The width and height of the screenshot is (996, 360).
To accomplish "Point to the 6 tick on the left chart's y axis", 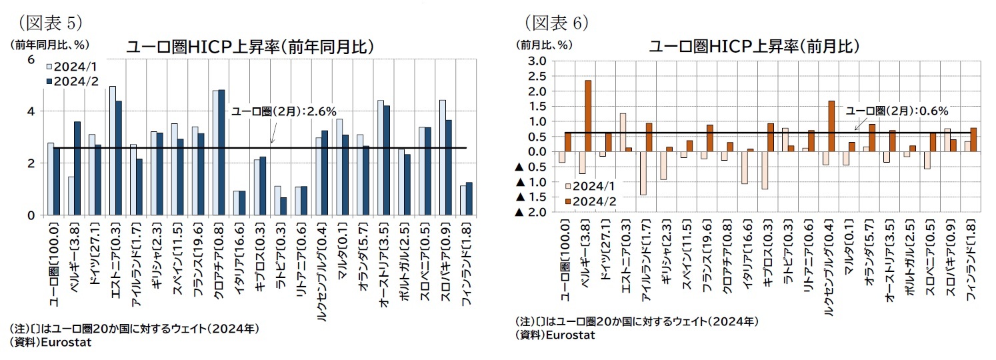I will [30, 60].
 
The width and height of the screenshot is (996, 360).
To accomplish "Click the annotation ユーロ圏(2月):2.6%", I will [283, 111].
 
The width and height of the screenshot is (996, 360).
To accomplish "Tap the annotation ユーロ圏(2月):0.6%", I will [897, 111].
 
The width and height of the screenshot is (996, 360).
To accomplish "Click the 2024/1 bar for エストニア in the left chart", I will [113, 151].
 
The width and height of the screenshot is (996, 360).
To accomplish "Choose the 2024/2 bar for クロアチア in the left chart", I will [221, 152].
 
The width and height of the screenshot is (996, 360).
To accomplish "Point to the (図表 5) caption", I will [51, 22].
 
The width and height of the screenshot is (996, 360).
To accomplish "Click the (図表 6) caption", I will [557, 22].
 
